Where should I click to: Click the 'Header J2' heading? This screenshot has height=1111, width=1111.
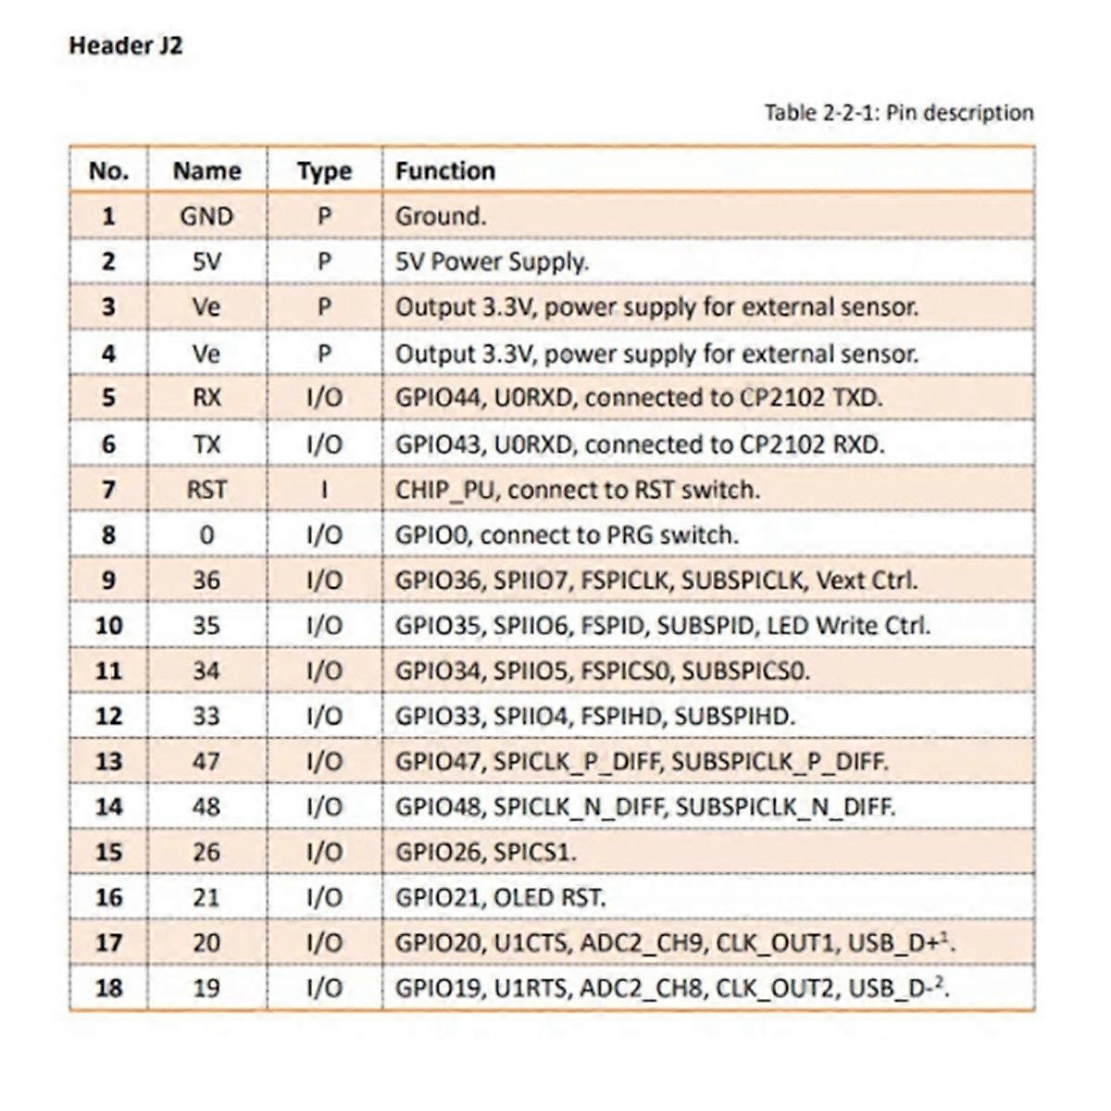(125, 45)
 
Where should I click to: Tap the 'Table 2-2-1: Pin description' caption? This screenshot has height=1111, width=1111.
(898, 113)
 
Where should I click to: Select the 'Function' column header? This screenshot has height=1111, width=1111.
(445, 170)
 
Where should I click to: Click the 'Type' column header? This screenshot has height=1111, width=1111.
(324, 170)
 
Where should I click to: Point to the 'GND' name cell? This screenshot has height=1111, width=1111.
(206, 216)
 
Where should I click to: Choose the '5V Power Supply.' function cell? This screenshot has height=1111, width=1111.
(492, 261)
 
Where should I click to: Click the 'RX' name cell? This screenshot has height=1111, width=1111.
(206, 397)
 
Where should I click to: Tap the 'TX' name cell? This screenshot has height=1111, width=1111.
(206, 443)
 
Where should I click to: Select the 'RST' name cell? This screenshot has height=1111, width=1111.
(206, 489)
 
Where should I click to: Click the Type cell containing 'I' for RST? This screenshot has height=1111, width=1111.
(324, 489)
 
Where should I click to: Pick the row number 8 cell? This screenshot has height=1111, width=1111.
(108, 534)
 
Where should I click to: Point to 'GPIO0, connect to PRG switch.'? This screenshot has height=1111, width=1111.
(567, 534)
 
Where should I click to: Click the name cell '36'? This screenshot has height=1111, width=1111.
(206, 580)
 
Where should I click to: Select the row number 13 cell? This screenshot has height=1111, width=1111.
(108, 761)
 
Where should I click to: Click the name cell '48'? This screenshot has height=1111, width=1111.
(206, 806)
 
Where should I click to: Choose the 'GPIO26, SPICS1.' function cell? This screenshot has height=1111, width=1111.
(485, 852)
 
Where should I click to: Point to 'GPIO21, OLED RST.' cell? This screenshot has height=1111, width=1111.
(500, 897)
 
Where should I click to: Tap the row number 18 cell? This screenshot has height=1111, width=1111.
(108, 988)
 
